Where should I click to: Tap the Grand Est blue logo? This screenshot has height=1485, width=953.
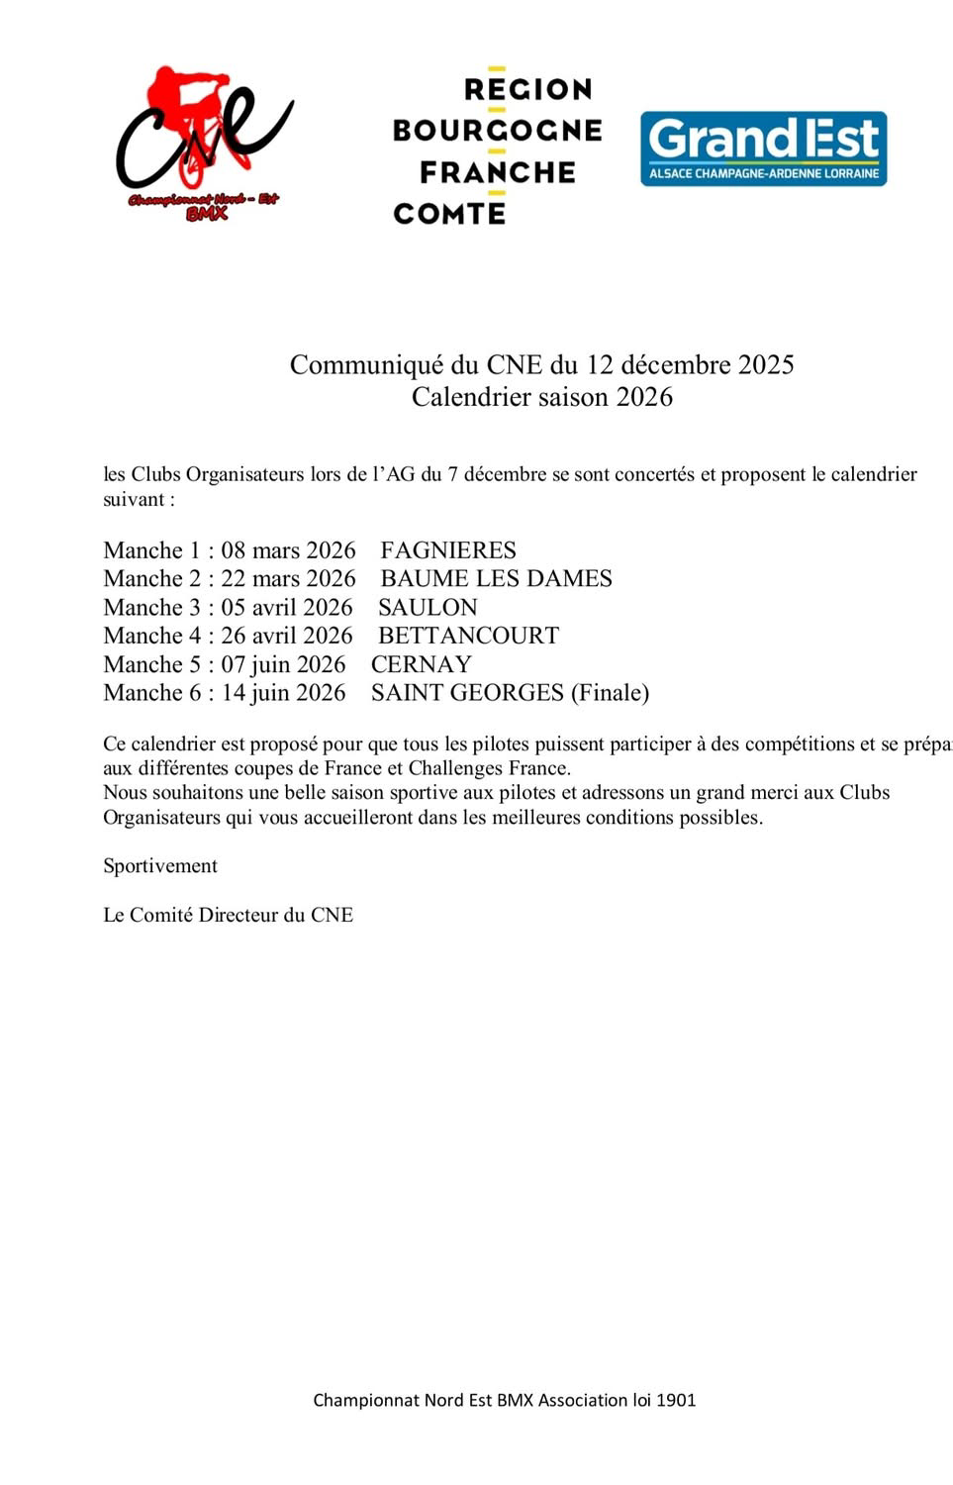coord(763,148)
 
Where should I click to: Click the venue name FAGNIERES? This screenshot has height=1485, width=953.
coord(448,550)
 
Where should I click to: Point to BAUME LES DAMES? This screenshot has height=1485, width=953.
coord(496,579)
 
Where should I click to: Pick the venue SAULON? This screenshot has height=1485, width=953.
coord(428,608)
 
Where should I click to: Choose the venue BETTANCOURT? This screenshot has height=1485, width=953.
coord(468,636)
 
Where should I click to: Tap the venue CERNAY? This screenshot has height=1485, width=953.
coord(421,664)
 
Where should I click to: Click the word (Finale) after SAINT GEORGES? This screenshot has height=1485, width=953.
coord(610,693)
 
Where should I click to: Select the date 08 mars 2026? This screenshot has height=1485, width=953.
coord(288,550)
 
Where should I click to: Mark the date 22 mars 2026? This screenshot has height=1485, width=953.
coord(288,579)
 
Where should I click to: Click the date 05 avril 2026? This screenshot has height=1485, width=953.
coord(286,608)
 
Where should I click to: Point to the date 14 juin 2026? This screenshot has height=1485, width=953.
coord(283,693)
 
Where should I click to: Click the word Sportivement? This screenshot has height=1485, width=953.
coord(160,866)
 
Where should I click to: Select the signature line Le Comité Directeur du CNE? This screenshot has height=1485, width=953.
coord(228,915)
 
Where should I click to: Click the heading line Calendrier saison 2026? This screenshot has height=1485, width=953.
coord(541,397)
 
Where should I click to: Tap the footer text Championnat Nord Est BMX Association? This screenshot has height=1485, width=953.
coord(504,1400)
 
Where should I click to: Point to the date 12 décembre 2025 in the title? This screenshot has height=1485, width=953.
coord(690,365)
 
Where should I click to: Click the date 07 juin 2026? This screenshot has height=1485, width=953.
coord(283,664)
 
